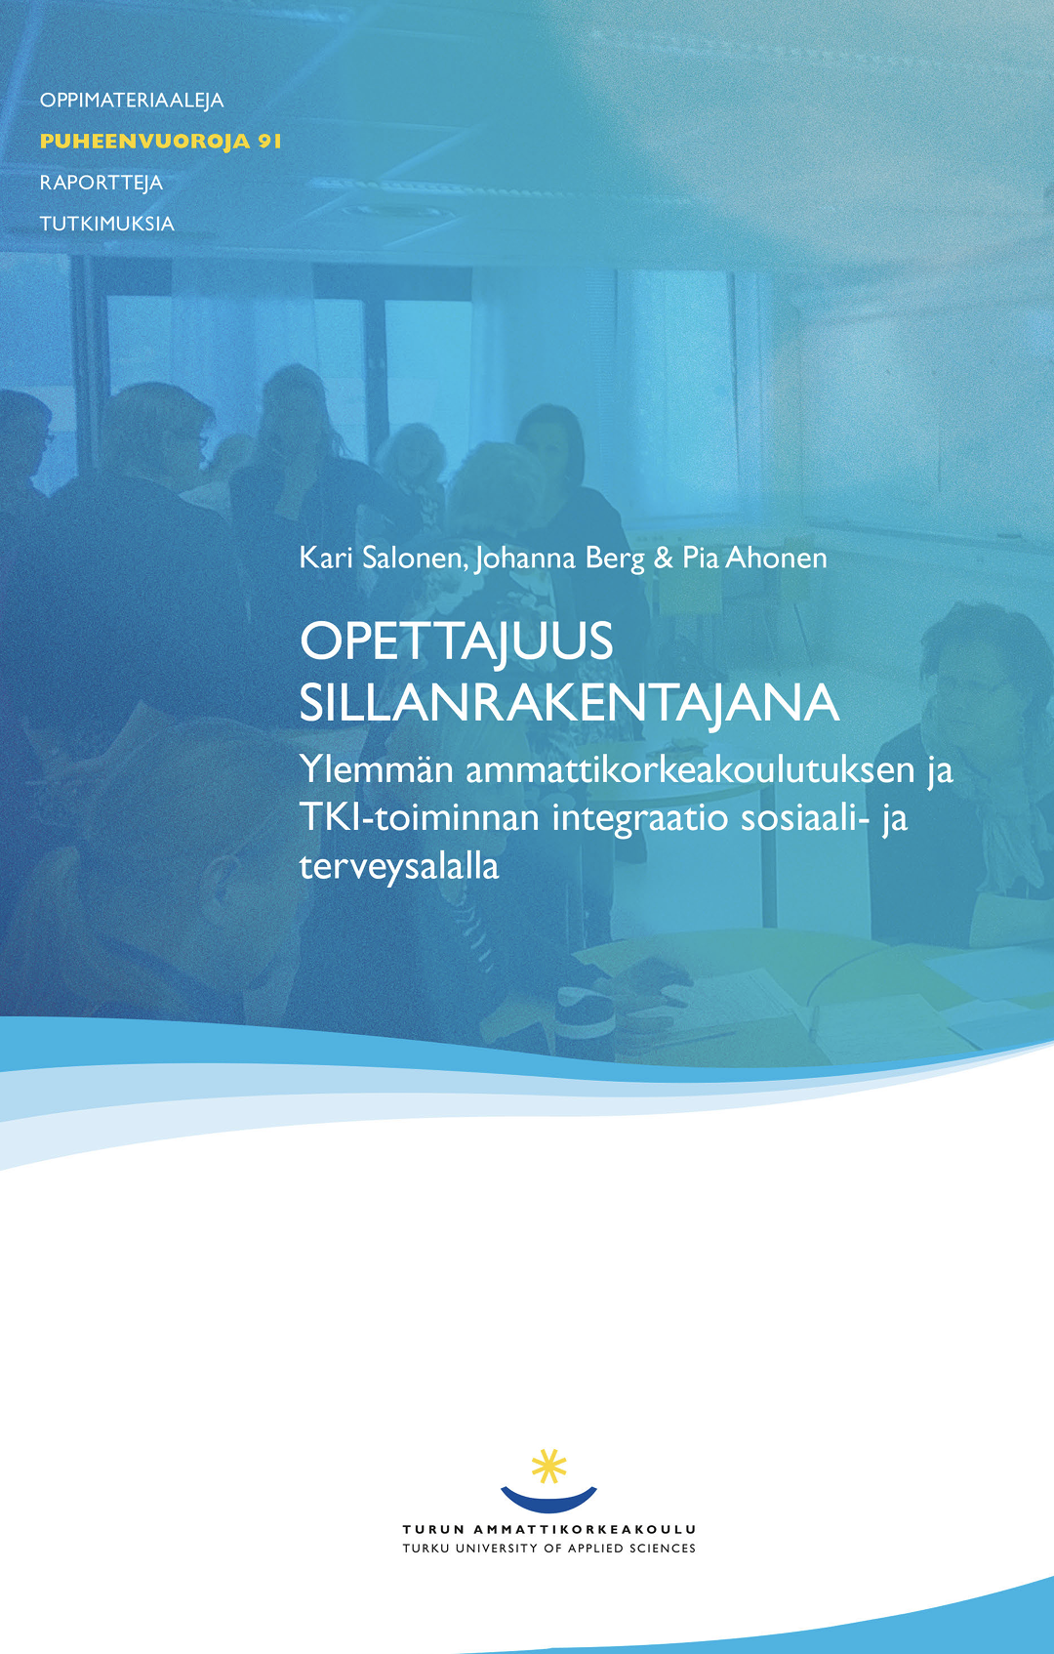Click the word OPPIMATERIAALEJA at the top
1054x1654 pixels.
point(132,101)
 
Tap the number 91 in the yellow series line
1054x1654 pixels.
point(269,141)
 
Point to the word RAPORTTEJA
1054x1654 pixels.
point(101,183)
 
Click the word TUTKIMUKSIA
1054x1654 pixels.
point(107,223)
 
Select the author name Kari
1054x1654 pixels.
point(326,558)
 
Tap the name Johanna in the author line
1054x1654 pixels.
point(525,558)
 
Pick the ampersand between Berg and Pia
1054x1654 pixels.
point(663,558)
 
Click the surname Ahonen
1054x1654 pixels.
point(776,558)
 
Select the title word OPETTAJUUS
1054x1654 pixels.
point(456,641)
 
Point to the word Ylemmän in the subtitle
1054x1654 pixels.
point(376,769)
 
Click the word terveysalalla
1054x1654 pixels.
point(399,866)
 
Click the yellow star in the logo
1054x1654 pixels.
point(548,1467)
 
